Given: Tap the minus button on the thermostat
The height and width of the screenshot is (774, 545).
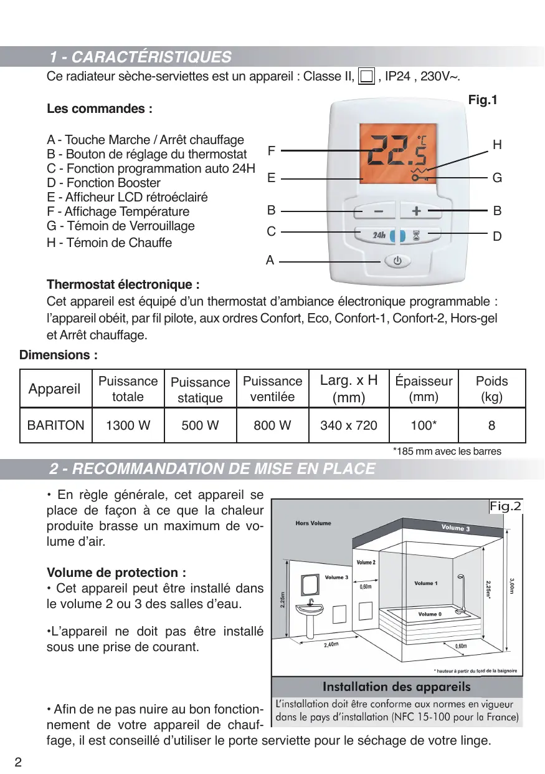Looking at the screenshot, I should [379, 211].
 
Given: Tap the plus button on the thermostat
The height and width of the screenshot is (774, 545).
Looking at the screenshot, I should [417, 211].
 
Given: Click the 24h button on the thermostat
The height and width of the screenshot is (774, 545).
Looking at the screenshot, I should [379, 236].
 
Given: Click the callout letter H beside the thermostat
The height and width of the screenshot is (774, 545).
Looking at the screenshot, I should [497, 145].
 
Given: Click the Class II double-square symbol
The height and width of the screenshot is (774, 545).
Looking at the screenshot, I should [366, 77].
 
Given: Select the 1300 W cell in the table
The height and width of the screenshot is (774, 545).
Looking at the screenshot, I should [128, 425].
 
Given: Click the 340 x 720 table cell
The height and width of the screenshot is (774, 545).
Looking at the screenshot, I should [349, 425].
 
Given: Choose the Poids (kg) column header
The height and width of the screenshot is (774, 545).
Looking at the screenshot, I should [491, 389].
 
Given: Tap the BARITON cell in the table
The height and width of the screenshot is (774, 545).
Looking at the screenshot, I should [56, 425].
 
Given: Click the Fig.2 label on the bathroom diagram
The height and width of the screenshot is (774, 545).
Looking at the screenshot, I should [505, 506].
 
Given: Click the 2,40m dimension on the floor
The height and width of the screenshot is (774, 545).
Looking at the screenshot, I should [331, 645].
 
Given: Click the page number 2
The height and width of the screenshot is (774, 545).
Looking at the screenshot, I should [18, 762].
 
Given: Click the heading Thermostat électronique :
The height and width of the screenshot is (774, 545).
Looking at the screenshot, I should [123, 285].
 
